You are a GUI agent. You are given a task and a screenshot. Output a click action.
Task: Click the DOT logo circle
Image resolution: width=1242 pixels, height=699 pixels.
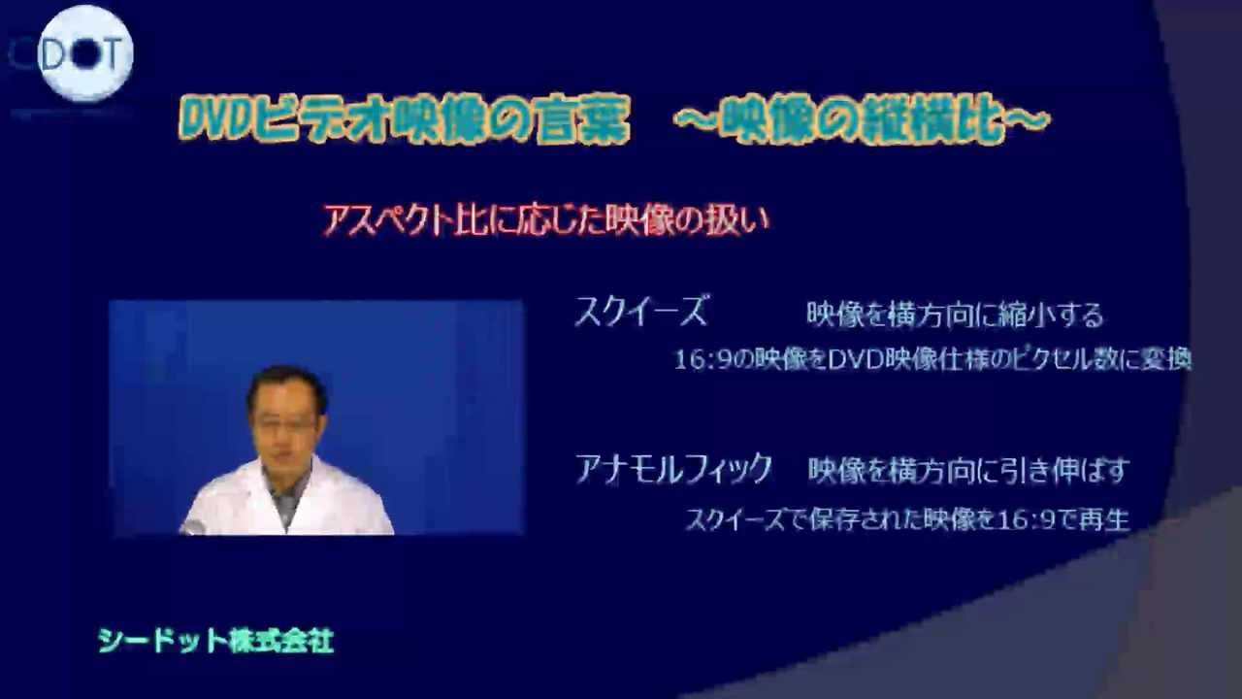pos(85,54)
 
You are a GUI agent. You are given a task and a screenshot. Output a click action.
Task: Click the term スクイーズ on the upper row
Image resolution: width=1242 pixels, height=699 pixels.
pos(641,312)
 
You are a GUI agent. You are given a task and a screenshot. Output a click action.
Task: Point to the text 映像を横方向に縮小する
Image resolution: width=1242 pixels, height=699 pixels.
pos(955,315)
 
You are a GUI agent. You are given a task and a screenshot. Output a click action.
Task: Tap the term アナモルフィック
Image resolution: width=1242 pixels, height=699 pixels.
pos(673,470)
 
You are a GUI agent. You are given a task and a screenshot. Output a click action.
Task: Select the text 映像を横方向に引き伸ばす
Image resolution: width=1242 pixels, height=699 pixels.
pos(968,472)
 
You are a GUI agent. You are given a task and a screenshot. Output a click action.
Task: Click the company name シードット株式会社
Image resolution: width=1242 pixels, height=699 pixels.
pos(215,641)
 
